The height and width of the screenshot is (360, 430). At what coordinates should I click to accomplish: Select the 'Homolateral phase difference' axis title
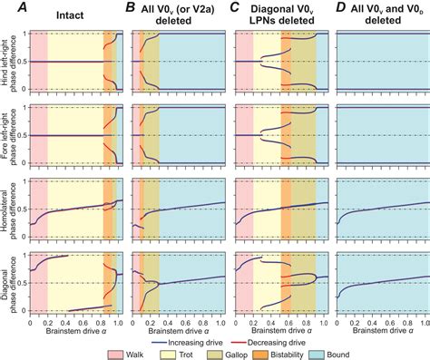coord(8,209)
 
